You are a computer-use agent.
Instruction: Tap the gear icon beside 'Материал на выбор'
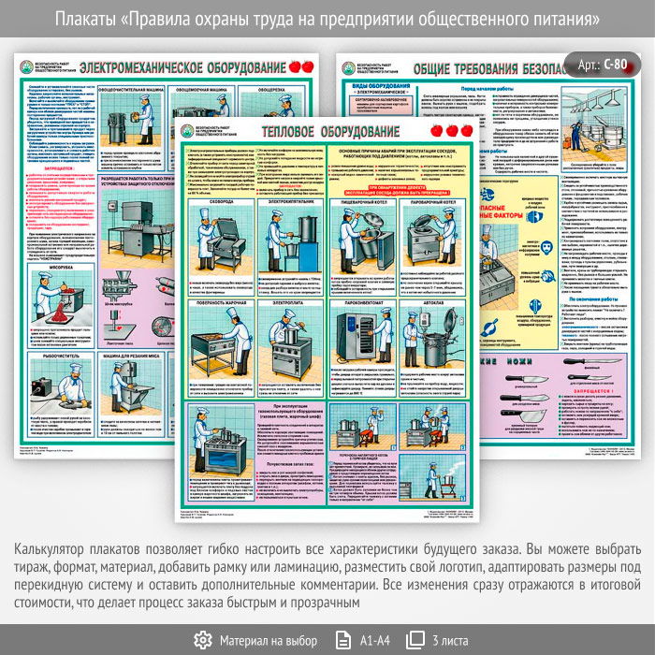point(202,640)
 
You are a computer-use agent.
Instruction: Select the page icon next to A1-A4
point(339,640)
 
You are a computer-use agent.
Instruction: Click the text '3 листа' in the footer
point(452,640)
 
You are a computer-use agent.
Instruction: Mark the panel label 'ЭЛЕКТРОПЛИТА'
point(291,302)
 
